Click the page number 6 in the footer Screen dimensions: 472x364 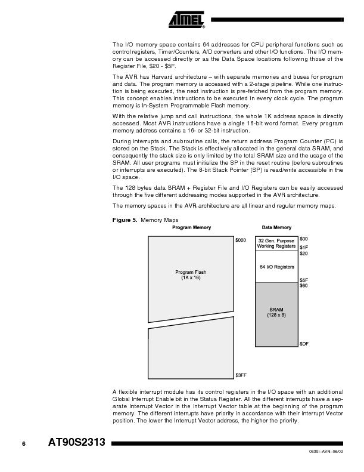24,443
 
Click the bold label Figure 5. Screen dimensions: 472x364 124,220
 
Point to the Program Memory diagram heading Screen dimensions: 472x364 191,227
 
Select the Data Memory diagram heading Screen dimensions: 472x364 276,227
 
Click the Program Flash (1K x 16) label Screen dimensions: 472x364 191,275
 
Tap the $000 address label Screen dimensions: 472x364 240,240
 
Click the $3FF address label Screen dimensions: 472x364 241,375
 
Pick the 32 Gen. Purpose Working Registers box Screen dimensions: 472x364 276,243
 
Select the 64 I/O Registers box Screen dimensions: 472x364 276,267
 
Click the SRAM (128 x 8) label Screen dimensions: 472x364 276,312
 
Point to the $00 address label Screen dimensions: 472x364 303,239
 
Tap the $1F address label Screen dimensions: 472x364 303,247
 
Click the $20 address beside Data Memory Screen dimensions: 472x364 303,254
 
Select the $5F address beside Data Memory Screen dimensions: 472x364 303,280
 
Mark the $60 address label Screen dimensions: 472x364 303,286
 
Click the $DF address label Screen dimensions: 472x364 304,344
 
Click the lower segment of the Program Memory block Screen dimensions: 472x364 191,352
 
